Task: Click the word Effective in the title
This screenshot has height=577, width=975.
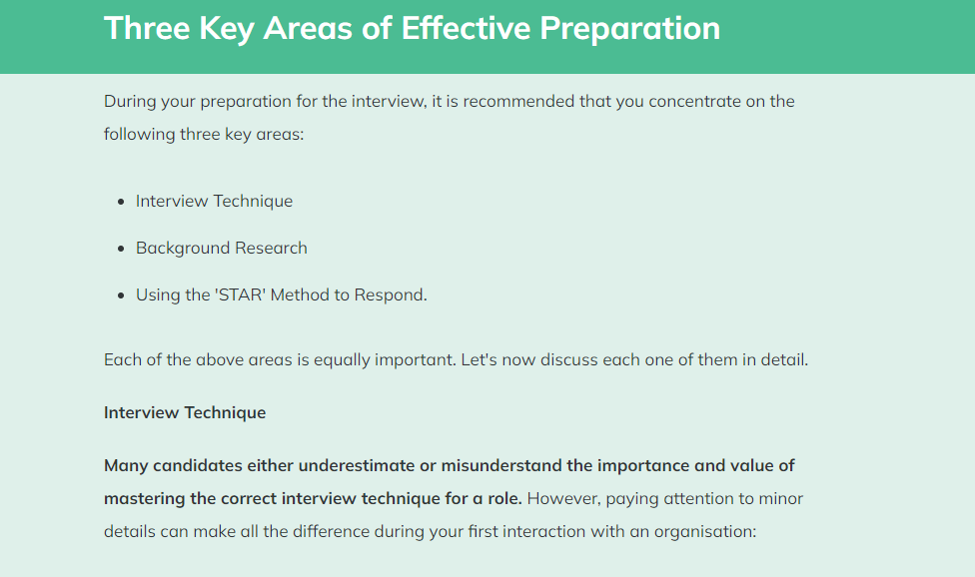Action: [466, 28]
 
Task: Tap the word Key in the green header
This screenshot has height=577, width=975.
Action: [227, 30]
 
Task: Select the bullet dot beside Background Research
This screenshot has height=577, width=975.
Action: [121, 249]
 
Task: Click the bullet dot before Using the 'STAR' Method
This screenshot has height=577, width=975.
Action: [121, 295]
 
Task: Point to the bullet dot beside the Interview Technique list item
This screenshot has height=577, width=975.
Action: [121, 202]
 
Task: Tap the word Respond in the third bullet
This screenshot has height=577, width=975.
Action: [391, 295]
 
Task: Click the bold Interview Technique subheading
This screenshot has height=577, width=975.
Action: [185, 412]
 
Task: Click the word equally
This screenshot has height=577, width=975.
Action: [342, 360]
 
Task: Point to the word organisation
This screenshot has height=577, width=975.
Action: [705, 532]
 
